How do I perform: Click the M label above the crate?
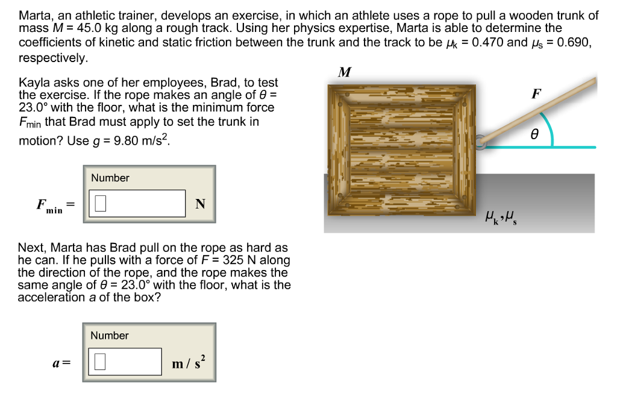pos(345,73)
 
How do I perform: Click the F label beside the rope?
pos(536,93)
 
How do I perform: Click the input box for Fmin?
pos(137,204)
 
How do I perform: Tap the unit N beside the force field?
pos(199,204)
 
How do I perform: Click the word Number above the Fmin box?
pos(110,178)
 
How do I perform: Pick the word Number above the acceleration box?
pos(110,335)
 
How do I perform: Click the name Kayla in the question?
pos(34,83)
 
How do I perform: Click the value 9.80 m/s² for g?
pos(142,141)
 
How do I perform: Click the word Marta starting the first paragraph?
pos(35,16)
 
